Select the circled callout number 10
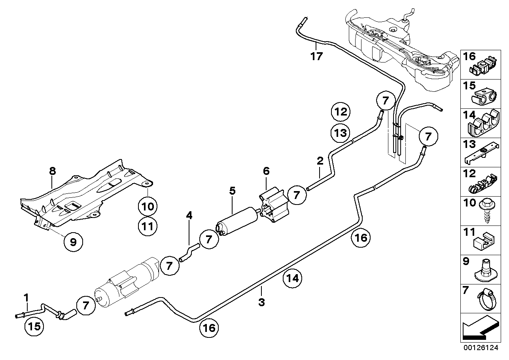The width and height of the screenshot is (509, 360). pos(148,206)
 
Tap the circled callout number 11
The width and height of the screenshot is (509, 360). pos(148,227)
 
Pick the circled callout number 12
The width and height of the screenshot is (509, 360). pos(341,112)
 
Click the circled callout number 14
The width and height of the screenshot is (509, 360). pos(292,279)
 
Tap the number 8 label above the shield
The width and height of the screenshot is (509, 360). pos(53,171)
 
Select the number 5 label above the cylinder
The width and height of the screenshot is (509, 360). pos(232,191)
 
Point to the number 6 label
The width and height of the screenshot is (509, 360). pos(266,171)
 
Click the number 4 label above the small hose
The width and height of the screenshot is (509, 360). pos(189,216)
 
